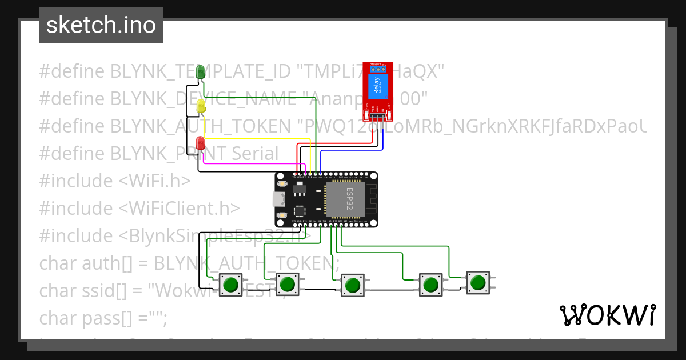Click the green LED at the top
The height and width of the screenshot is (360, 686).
(201, 72)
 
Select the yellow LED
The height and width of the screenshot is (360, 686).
(201, 106)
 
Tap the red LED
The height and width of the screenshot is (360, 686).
(201, 143)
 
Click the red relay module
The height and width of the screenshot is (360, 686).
(378, 91)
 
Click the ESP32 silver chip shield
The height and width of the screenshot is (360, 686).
(345, 198)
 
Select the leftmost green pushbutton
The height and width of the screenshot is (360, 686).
(231, 284)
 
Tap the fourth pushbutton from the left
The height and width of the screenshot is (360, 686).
(430, 283)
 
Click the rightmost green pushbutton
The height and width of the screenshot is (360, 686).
(477, 282)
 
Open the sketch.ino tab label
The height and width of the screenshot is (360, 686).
(101, 25)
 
